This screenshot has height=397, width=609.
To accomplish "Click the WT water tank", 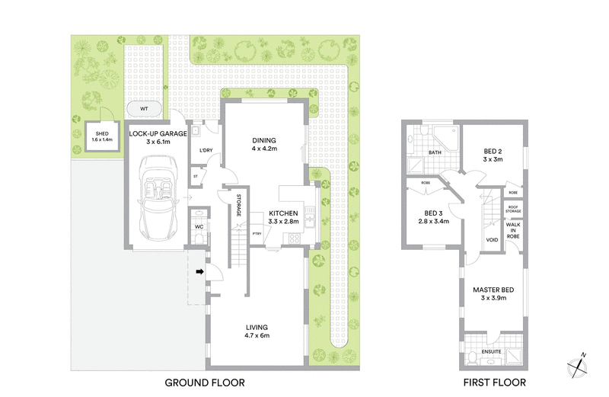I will tap(143, 108).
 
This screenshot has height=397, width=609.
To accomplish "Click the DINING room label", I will tap(264, 140).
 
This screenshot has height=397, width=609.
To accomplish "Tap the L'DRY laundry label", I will tap(205, 150).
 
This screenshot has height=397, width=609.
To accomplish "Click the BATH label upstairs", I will tap(435, 152).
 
